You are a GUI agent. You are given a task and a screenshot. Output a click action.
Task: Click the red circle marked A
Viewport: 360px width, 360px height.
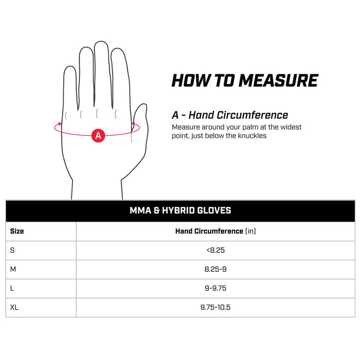98,135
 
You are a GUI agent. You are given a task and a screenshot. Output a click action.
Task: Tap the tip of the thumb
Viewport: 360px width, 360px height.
144,104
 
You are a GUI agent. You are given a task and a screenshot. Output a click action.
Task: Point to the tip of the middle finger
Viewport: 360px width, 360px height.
101,41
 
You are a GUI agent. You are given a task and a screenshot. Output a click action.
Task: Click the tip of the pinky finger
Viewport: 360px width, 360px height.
70,66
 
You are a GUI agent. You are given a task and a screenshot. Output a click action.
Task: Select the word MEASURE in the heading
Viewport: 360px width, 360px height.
278,81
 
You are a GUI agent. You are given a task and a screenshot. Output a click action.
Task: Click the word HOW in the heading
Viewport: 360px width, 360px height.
191,81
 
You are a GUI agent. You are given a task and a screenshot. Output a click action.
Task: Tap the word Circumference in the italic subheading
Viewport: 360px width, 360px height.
252,115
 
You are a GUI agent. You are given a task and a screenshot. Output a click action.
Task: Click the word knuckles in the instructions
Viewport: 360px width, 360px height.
252,136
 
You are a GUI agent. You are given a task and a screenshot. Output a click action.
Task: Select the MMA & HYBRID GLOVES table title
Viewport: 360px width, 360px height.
180,210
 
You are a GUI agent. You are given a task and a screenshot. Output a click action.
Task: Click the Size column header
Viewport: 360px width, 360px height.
17,231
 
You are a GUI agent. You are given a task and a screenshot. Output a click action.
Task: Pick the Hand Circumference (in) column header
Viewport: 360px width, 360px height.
216,231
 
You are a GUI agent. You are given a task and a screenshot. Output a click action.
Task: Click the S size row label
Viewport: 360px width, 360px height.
13,250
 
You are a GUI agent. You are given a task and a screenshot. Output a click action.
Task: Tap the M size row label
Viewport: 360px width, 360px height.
13,269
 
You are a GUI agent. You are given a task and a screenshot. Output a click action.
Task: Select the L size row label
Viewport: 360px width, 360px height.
12,288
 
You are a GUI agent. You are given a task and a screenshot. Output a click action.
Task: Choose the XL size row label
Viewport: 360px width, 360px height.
14,307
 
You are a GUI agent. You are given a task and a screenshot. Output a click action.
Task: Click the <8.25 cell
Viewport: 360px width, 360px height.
216,250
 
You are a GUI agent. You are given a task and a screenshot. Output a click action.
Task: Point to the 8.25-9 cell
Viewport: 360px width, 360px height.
216,269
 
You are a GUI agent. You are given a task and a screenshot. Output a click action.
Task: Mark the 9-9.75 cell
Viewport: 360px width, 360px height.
216,288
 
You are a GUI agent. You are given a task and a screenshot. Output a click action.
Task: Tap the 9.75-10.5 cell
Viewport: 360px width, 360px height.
216,307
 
